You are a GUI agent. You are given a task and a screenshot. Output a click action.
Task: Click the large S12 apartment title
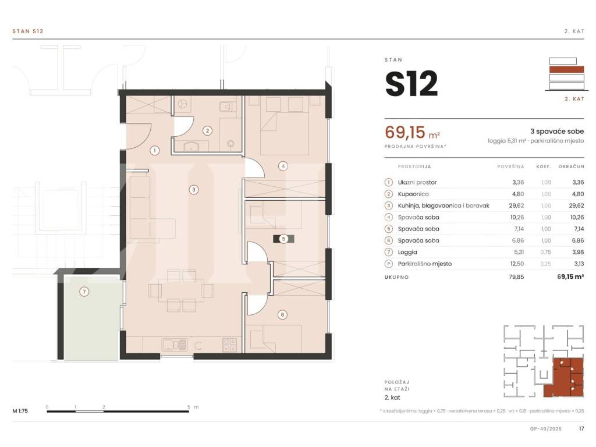click(411, 84)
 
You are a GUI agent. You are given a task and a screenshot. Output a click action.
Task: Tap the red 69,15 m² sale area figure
click(413, 132)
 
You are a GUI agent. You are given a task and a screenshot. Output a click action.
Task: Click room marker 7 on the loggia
click(84, 292)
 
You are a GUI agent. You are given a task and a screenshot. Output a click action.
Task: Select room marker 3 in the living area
click(194, 189)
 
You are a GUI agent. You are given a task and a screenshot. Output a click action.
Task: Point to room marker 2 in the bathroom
click(207, 131)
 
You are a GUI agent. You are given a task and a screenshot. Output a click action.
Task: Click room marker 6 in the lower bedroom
click(282, 315)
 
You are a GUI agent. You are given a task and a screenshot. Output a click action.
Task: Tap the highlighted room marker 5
click(283, 239)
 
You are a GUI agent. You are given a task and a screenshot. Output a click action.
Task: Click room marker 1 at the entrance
click(154, 151)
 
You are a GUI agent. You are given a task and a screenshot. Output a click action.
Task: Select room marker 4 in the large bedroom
click(283, 166)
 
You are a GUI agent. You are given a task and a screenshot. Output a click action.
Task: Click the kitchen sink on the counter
click(175, 345)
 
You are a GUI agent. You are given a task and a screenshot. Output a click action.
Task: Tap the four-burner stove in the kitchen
click(229, 345)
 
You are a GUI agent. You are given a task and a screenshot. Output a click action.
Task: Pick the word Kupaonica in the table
click(413, 194)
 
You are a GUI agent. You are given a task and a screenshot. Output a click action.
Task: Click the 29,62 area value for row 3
click(516, 205)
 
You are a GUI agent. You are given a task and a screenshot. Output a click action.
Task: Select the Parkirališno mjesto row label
click(424, 264)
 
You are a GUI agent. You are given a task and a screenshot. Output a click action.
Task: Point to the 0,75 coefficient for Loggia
click(545, 252)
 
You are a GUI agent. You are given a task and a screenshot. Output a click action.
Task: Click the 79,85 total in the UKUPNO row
click(516, 276)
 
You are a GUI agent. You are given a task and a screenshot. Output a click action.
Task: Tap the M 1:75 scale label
click(20, 411)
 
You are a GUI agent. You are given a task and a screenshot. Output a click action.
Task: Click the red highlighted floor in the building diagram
click(566, 70)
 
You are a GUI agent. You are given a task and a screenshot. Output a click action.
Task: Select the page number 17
click(581, 428)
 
